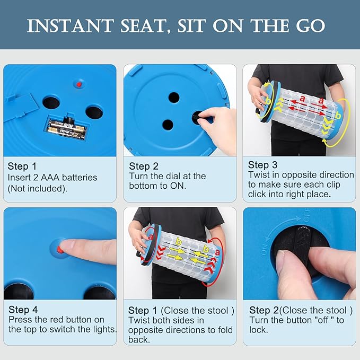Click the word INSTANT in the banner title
click(71, 25)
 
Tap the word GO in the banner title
click(311, 25)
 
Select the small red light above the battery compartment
click(79, 84)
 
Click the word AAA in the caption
click(50, 178)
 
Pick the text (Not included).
click(38, 189)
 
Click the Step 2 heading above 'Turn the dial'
click(144, 166)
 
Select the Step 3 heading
click(262, 165)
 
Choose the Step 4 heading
click(23, 310)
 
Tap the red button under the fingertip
click(60, 249)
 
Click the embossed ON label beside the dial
click(265, 249)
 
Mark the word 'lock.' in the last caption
click(259, 330)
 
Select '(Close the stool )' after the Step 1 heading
click(197, 311)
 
